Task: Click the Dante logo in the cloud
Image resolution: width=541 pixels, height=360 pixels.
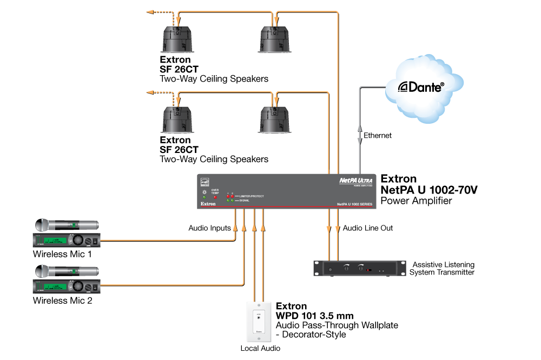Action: (x=421, y=86)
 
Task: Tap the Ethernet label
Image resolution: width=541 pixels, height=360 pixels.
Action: (x=378, y=135)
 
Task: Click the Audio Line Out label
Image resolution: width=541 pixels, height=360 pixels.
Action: (x=368, y=228)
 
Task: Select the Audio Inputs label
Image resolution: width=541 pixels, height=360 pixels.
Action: (x=209, y=228)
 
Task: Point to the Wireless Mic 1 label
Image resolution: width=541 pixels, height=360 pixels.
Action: (x=62, y=254)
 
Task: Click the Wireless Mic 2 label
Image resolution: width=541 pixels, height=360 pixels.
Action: (x=62, y=300)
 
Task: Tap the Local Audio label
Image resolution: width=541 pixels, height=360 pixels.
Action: (x=260, y=348)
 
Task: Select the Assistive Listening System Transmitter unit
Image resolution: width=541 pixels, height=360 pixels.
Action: (x=360, y=268)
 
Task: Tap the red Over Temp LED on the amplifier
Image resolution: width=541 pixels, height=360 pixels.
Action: (x=215, y=197)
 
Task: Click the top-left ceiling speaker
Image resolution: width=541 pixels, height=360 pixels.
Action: (x=179, y=41)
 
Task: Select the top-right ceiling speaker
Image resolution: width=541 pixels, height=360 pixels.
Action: (x=275, y=41)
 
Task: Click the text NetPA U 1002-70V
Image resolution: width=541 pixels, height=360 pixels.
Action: (x=429, y=190)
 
